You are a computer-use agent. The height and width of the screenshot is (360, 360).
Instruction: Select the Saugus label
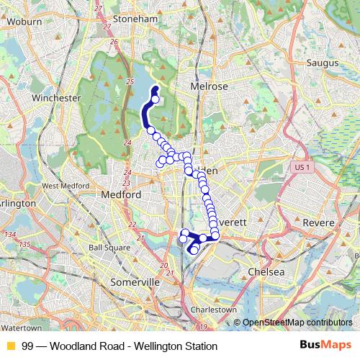pyautogui.click(x=322, y=63)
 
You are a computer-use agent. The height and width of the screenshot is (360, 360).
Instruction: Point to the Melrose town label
pyautogui.click(x=209, y=86)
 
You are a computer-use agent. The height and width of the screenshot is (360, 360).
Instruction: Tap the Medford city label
pyautogui.click(x=121, y=195)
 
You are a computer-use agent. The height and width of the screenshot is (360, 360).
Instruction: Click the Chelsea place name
pyautogui.click(x=266, y=271)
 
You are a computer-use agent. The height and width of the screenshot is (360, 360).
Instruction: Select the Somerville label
pyautogui.click(x=135, y=283)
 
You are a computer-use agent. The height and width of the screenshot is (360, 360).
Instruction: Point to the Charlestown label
pyautogui.click(x=213, y=310)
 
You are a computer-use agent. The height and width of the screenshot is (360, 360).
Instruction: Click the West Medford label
pyautogui.click(x=60, y=186)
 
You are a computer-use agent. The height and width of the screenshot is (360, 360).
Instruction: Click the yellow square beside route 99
pyautogui.click(x=10, y=346)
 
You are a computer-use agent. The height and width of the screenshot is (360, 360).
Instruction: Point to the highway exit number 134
pyautogui.click(x=9, y=235)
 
